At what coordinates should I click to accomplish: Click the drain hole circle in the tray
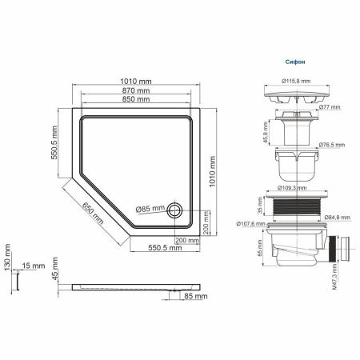click(175, 210)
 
